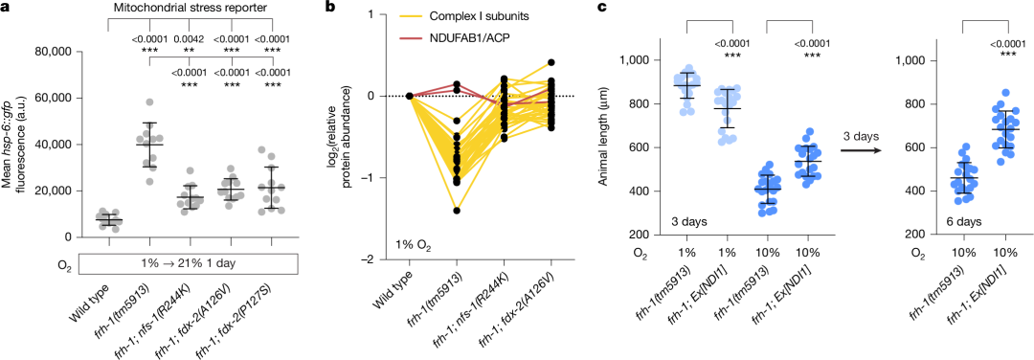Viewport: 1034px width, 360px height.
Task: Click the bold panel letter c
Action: point(600,9)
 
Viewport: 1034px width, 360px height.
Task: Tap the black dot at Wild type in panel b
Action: point(410,96)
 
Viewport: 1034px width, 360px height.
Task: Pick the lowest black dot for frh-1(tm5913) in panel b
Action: point(457,211)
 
